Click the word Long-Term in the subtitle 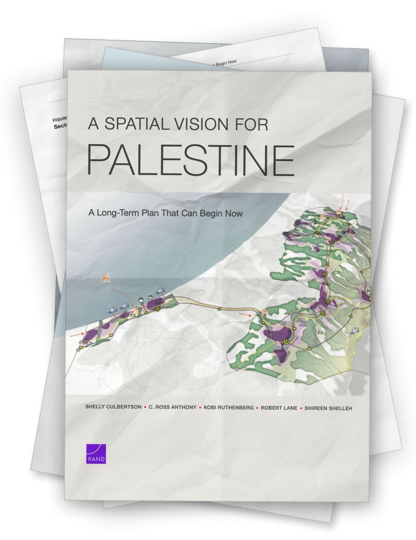click(119, 212)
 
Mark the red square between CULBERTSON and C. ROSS click(145, 408)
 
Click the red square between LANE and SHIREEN click(300, 408)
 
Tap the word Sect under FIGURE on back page click(60, 126)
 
